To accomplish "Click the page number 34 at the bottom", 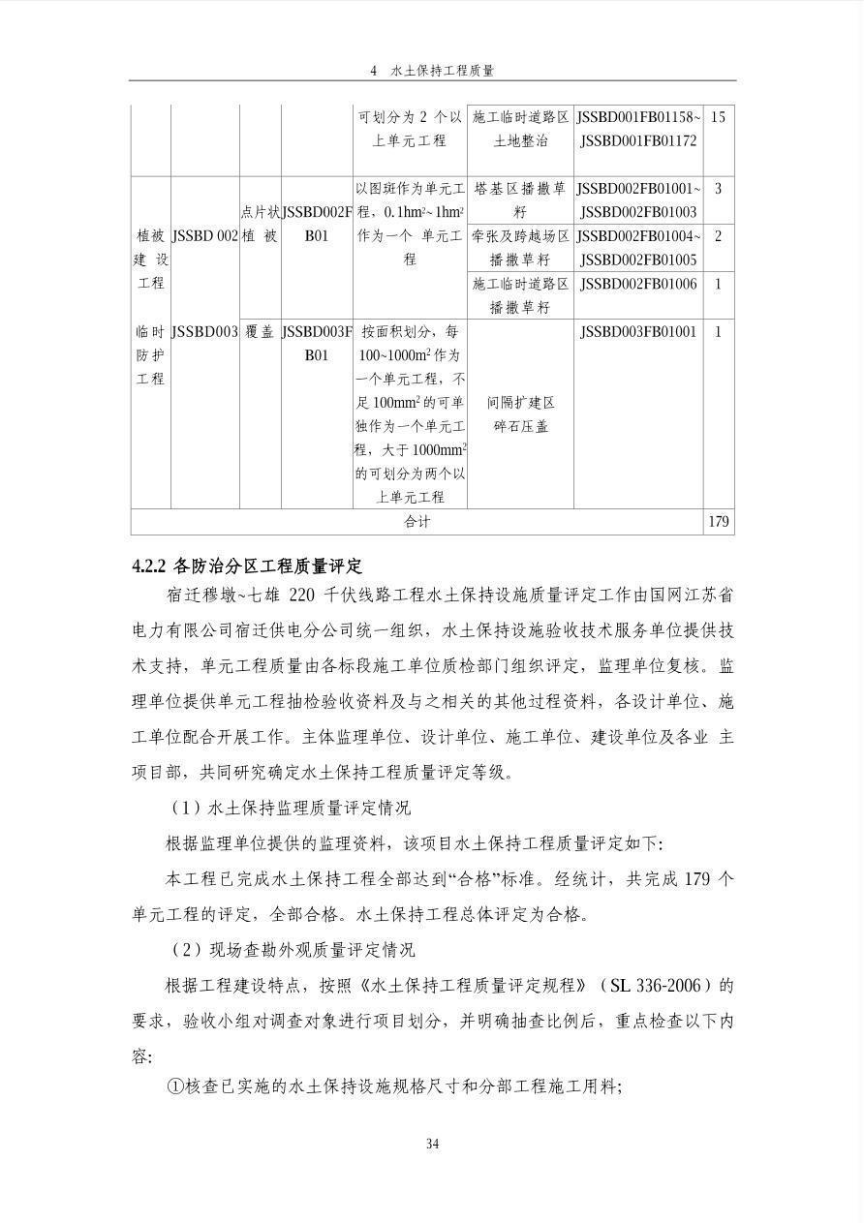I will (432, 1145).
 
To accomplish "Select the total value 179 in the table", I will (718, 522).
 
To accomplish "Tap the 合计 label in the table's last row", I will (417, 522).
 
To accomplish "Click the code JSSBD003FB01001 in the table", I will (638, 332).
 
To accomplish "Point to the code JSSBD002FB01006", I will (638, 284).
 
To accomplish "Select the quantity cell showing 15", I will (718, 117).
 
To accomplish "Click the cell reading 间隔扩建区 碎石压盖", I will (520, 414).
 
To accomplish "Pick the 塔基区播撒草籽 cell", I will (520, 199).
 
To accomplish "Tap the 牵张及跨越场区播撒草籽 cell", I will (520, 248).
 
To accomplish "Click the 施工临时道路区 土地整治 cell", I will (520, 129).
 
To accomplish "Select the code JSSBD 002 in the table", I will (204, 236).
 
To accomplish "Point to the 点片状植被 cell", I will (260, 224).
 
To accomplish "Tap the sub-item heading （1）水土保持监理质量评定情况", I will (290, 809).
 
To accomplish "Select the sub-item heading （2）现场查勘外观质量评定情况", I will (290, 950).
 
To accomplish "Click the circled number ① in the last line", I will (175, 1087).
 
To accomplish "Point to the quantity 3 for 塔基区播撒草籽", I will (718, 188).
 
